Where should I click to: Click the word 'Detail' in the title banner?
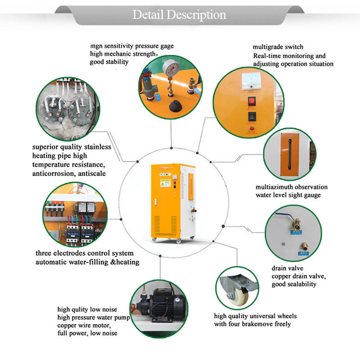[x=148, y=15]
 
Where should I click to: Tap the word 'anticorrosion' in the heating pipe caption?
[x=54, y=172]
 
